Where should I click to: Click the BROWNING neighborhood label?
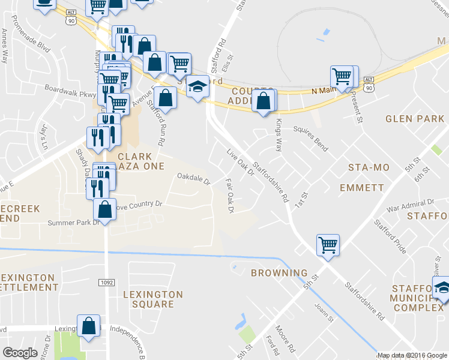click(x=279, y=273)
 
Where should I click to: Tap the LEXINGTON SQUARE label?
click(x=152, y=299)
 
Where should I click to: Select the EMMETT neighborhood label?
click(x=361, y=188)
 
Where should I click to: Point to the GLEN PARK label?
click(x=415, y=119)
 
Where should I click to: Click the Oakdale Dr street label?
click(x=193, y=179)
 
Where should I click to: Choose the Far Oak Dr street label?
click(x=229, y=194)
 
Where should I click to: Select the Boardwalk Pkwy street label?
click(x=70, y=90)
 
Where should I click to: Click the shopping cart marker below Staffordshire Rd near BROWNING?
click(x=328, y=244)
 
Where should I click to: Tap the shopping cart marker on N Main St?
click(x=342, y=76)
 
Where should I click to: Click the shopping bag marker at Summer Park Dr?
click(x=105, y=209)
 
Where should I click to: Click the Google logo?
click(x=20, y=353)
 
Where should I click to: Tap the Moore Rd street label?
click(x=283, y=337)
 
